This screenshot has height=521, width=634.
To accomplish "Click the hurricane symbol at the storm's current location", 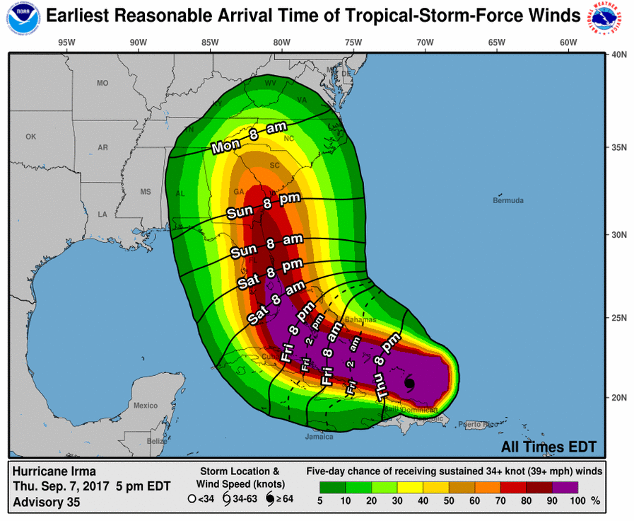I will tap(409, 384).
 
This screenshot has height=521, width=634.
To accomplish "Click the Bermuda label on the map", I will tap(508, 200).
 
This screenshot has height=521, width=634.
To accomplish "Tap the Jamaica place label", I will tap(319, 436).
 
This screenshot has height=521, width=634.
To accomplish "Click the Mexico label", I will tap(146, 406).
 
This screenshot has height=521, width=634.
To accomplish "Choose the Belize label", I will tap(158, 441).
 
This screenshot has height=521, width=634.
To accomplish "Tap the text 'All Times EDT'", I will tap(548, 447).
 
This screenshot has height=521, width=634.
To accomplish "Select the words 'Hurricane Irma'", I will tap(54, 471).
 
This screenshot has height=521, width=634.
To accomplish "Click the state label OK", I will tap(30, 137).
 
